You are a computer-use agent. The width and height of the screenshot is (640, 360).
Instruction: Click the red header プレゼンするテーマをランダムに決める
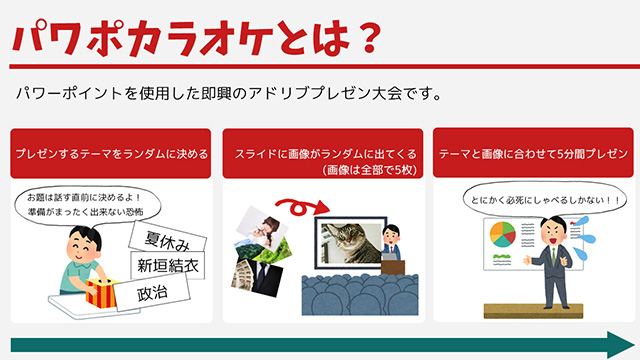coord(111,154)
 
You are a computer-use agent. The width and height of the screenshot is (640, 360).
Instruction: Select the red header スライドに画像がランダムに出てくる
coord(323,154)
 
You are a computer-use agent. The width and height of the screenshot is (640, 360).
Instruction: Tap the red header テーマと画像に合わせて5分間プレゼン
coord(532,154)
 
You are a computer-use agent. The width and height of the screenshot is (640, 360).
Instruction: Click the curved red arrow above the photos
coord(301,206)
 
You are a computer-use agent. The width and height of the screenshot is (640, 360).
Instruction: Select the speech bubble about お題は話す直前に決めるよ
coord(87,204)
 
